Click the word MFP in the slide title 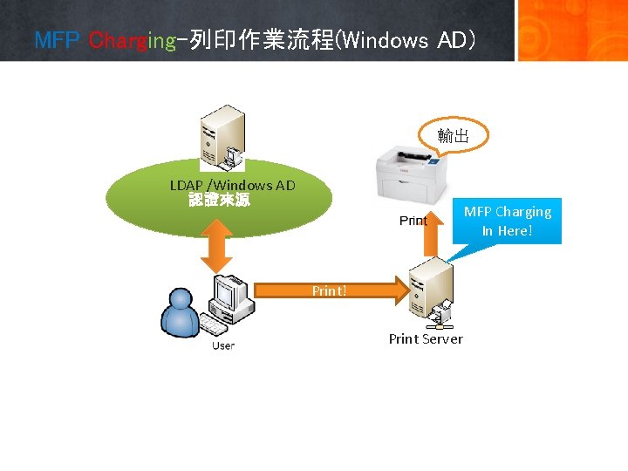click(57, 40)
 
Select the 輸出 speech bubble click(454, 136)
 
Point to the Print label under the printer click(413, 221)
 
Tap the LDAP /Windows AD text click(233, 185)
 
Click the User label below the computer click(223, 345)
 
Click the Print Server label click(426, 338)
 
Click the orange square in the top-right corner click(572, 30)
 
